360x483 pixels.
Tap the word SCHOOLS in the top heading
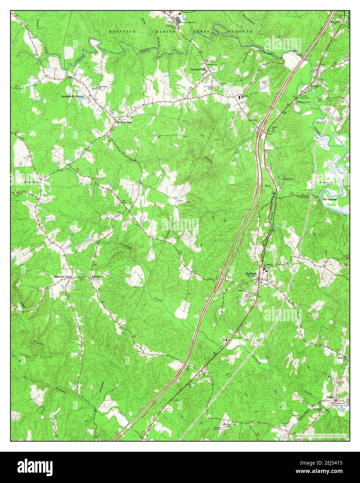(240, 32)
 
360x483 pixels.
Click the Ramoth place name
(96, 277)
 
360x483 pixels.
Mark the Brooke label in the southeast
(330, 397)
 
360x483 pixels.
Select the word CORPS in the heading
(201, 32)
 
